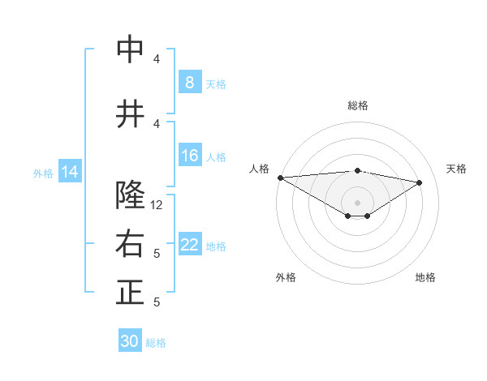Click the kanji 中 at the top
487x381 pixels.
click(131, 50)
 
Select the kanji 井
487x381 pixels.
click(131, 114)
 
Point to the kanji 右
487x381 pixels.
click(131, 244)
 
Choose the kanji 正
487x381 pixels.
click(131, 293)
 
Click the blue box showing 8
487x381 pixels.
click(189, 82)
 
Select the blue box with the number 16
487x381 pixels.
click(189, 156)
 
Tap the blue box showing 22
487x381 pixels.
click(189, 245)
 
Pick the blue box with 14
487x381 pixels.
click(70, 172)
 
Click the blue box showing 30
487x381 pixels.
click(130, 341)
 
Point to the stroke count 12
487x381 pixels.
click(157, 205)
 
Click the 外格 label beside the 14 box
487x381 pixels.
click(43, 173)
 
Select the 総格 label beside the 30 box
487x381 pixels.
click(156, 343)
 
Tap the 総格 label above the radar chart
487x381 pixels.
click(357, 105)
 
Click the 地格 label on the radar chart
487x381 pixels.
click(425, 277)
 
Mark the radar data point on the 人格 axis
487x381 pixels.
click(280, 177)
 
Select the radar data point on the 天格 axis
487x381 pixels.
click(420, 182)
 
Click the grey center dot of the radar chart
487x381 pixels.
click(357, 201)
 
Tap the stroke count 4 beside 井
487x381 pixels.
click(157, 123)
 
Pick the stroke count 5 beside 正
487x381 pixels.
click(157, 302)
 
